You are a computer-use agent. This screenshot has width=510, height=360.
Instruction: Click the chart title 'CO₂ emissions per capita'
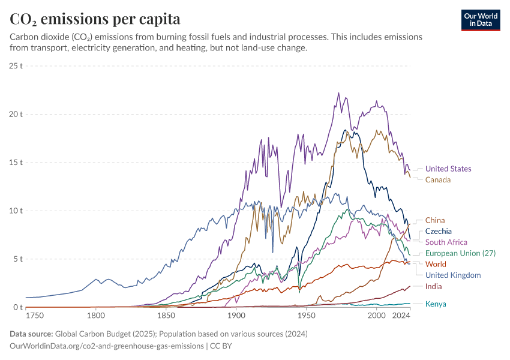coord(95,19)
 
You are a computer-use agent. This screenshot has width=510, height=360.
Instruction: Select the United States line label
coord(448,169)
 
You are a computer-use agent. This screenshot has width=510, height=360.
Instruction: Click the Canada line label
coord(438,179)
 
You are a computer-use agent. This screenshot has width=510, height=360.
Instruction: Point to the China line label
coord(435,220)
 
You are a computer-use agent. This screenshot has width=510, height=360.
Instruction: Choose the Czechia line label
coord(439,231)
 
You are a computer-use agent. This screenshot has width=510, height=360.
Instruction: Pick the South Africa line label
coord(446,242)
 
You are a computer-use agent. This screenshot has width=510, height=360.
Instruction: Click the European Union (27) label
coord(461,253)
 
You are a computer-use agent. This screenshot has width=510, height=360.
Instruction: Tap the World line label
coord(436,264)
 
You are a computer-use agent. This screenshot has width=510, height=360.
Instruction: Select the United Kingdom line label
coord(453,275)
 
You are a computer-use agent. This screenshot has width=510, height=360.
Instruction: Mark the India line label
coord(434,286)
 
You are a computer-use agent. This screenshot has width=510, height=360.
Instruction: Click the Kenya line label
coord(436,304)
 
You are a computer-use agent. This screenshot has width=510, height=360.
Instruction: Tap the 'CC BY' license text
coord(221,346)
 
